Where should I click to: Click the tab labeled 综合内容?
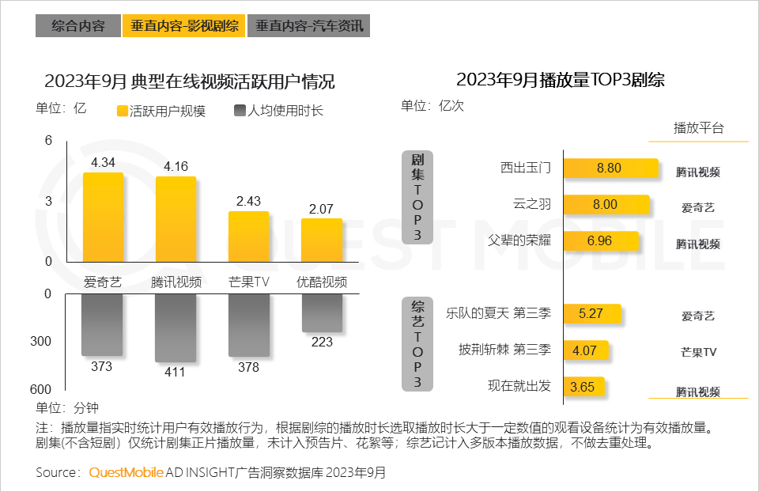click(78, 26)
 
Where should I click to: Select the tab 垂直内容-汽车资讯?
click(309, 26)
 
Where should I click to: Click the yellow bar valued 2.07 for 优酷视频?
click(322, 240)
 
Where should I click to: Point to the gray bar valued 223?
click(322, 312)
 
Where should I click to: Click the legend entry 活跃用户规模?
click(161, 112)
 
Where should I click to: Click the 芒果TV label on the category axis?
click(249, 282)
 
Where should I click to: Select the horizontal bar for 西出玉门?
click(611, 168)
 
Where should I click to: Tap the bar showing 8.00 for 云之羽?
click(606, 205)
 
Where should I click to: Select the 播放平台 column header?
click(698, 128)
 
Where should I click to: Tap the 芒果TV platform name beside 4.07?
click(698, 351)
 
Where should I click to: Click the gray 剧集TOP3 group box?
click(417, 198)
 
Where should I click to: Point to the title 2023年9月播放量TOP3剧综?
click(560, 80)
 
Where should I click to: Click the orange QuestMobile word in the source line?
click(126, 473)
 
